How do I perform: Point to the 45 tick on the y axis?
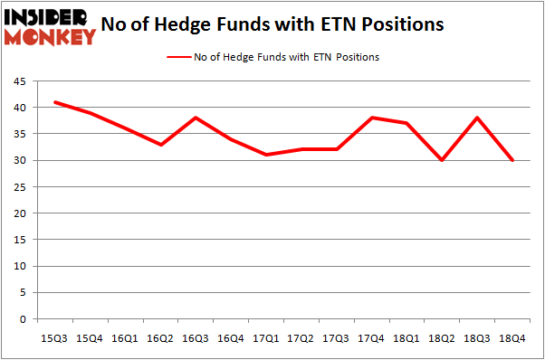click(x=18, y=81)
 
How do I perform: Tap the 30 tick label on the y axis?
click(x=18, y=161)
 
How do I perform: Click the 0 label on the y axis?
click(x=21, y=319)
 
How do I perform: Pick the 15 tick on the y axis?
click(x=18, y=240)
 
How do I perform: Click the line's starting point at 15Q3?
click(x=55, y=102)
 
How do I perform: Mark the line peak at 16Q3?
click(x=196, y=118)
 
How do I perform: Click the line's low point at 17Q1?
click(x=267, y=155)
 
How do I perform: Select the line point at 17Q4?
click(x=372, y=118)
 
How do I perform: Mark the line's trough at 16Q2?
click(x=161, y=145)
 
